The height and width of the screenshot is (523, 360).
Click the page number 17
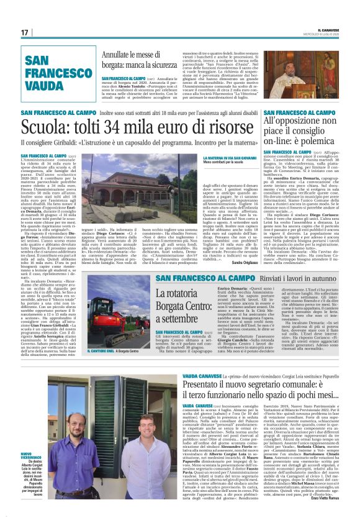pyautogui.click(x=24, y=33)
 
